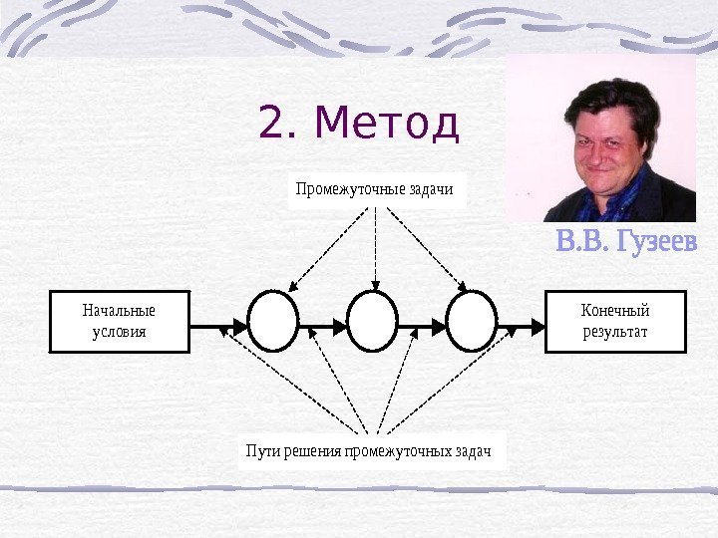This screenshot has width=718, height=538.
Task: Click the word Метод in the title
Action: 386,124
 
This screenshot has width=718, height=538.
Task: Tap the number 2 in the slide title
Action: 272,124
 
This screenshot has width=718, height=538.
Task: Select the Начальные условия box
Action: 119,321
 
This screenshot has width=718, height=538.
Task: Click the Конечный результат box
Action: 615,321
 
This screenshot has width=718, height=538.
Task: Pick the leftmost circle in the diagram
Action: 273,321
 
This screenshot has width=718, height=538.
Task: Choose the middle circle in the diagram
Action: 372,321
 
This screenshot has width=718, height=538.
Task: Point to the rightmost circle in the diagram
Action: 472,321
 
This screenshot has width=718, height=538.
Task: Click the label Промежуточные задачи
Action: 374,188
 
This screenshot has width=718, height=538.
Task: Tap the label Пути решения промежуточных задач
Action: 370,451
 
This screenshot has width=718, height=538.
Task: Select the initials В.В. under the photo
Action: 578,242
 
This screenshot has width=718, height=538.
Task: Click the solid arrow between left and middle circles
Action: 322,323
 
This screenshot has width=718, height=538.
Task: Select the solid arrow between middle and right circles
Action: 422,323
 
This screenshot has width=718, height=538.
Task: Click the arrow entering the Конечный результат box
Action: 521,323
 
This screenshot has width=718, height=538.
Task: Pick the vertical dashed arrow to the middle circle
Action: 374,249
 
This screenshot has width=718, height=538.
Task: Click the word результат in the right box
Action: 615,331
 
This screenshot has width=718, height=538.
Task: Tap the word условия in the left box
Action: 119,331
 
